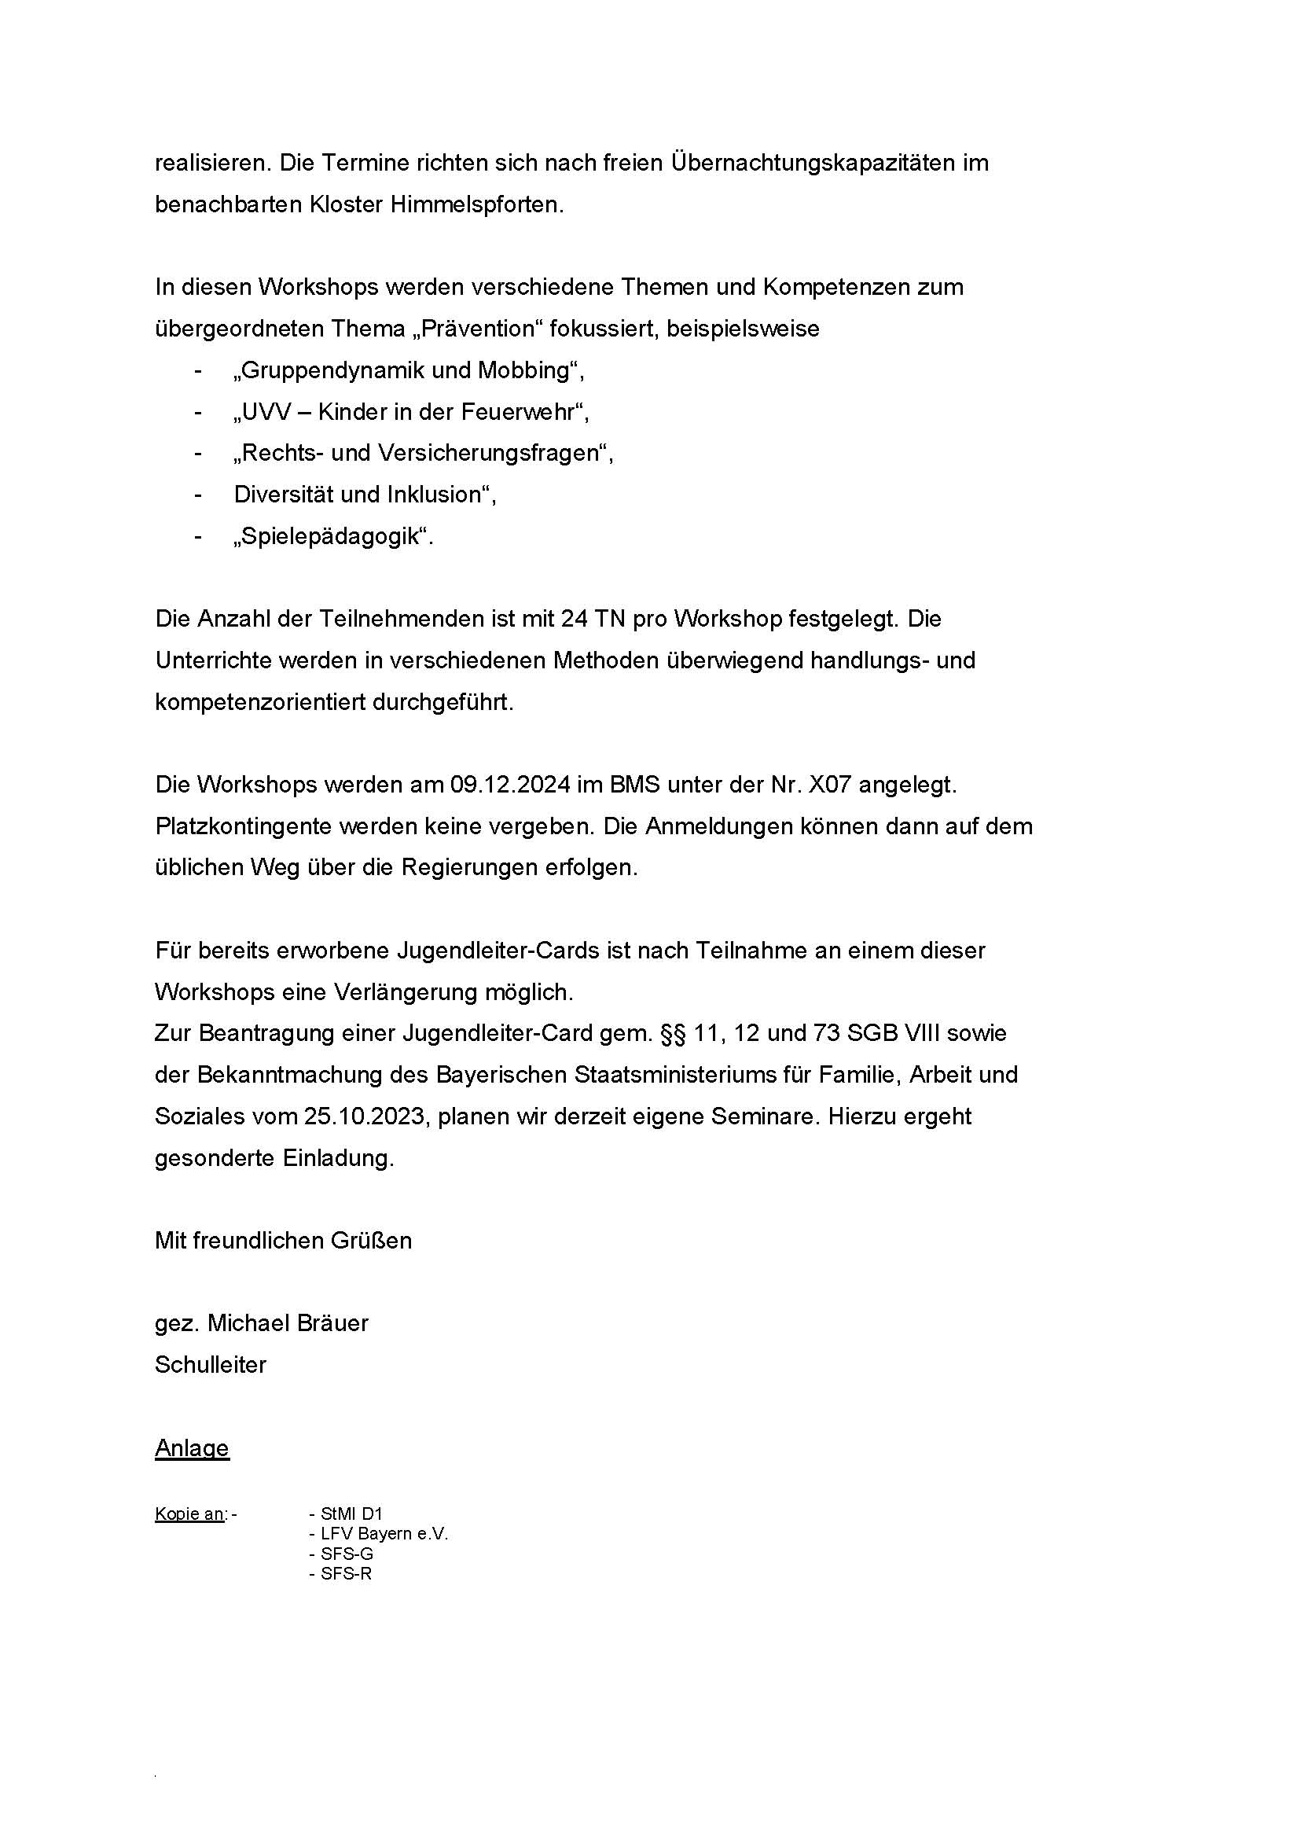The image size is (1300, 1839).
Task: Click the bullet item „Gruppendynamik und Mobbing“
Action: tap(408, 371)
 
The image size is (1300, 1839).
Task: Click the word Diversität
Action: tap(284, 495)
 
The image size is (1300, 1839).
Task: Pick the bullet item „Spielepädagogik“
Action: tap(332, 537)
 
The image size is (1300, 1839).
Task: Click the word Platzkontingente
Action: tap(244, 826)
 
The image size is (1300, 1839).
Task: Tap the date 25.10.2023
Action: tap(363, 1116)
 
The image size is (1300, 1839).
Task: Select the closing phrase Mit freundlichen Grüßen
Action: tap(284, 1241)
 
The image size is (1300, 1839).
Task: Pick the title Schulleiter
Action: tap(211, 1365)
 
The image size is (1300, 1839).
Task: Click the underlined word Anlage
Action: tap(192, 1448)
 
